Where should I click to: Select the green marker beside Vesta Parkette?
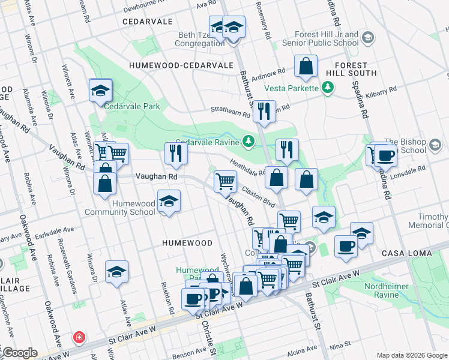[327, 88]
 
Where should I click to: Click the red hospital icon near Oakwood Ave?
[78, 338]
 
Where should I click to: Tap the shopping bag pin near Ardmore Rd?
[306, 67]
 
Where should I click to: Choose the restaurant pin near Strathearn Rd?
[263, 111]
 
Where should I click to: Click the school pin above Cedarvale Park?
[100, 91]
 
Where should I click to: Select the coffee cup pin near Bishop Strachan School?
[385, 156]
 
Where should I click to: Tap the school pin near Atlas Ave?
[116, 272]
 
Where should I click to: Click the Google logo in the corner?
[19, 352]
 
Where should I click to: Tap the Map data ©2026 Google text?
[411, 355]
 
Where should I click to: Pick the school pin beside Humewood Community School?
[169, 202]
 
